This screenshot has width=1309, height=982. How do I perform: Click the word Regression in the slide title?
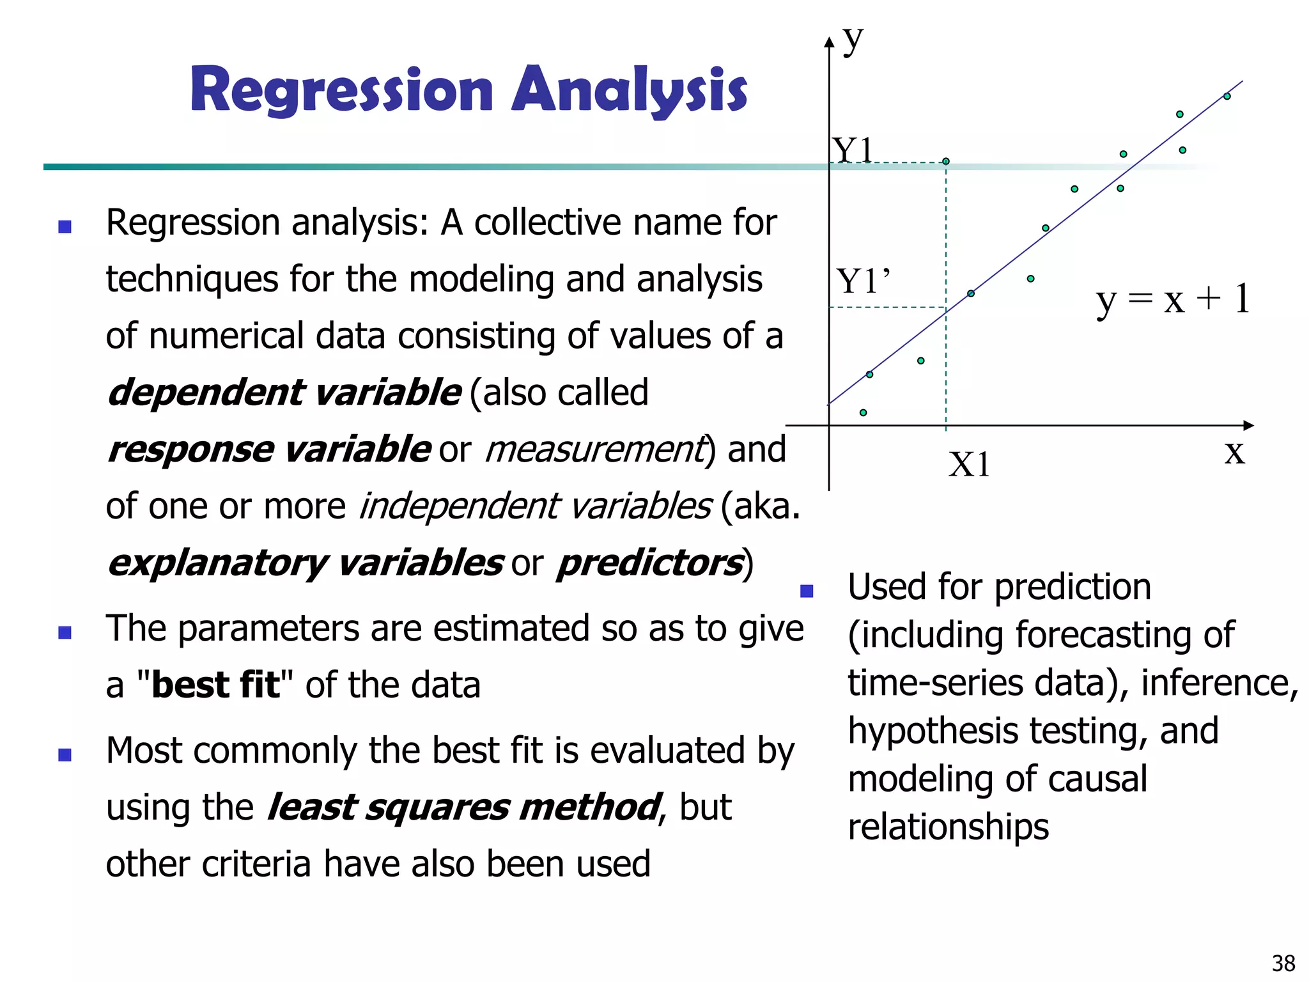[x=341, y=91]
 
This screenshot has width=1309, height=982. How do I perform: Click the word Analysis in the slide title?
[x=629, y=91]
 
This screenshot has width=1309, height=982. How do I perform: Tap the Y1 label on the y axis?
[x=853, y=151]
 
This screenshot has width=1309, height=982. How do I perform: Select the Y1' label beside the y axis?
[x=863, y=281]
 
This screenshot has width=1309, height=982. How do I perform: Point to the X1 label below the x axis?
[x=969, y=464]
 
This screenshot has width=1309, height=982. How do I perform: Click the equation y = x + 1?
[x=1172, y=299]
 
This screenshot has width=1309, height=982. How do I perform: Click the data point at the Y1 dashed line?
[x=946, y=161]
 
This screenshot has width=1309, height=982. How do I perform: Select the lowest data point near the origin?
[x=864, y=412]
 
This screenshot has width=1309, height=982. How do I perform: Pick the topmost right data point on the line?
[x=1227, y=97]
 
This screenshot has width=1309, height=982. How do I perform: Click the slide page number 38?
[x=1283, y=963]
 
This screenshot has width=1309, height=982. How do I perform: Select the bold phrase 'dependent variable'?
[x=284, y=393]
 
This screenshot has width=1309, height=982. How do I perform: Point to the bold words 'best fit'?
[x=215, y=685]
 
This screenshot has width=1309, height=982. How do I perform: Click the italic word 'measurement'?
[x=594, y=449]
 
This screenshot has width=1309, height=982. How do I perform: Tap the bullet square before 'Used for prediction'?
[x=807, y=591]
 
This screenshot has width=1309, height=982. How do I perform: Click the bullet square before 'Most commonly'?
[x=65, y=755]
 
